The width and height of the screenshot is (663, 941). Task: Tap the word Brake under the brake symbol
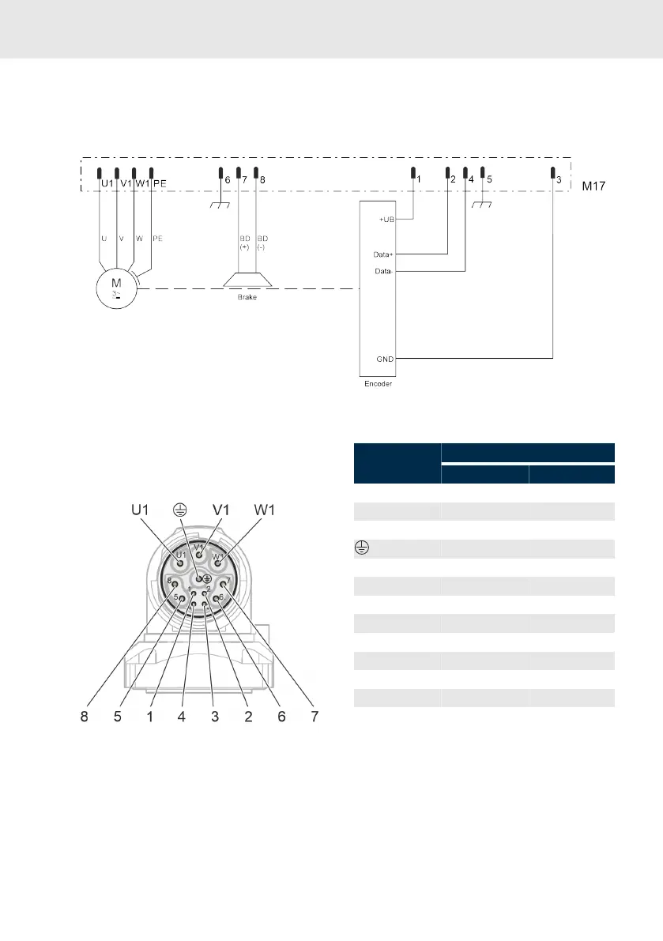(x=248, y=298)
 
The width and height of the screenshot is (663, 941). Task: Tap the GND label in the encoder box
(x=385, y=359)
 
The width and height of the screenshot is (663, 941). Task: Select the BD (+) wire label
(x=243, y=241)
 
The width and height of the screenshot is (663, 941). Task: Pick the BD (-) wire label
(x=262, y=241)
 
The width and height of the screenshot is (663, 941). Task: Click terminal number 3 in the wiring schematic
(x=559, y=180)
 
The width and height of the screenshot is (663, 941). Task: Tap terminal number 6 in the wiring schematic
(x=227, y=180)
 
